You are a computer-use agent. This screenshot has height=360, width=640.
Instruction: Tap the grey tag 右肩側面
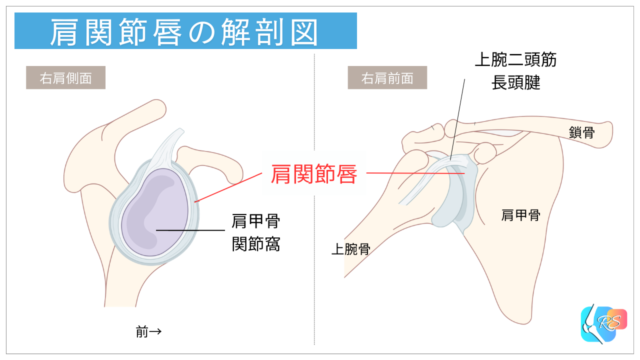(65, 78)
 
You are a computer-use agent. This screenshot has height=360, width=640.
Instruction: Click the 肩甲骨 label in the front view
(520, 214)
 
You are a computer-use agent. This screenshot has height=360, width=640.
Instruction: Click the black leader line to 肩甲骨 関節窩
(190, 231)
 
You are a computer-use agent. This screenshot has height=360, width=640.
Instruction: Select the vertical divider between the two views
(316, 200)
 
